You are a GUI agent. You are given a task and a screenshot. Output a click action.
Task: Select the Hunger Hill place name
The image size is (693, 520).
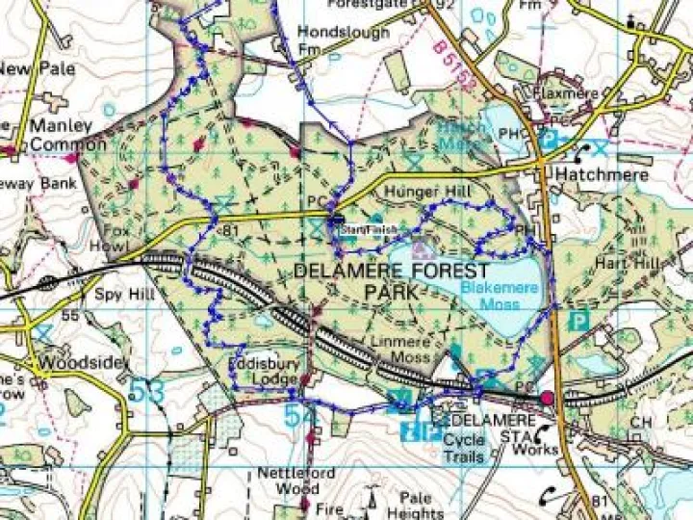424,193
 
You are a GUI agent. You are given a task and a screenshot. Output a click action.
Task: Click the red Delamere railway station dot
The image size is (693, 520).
548,398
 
